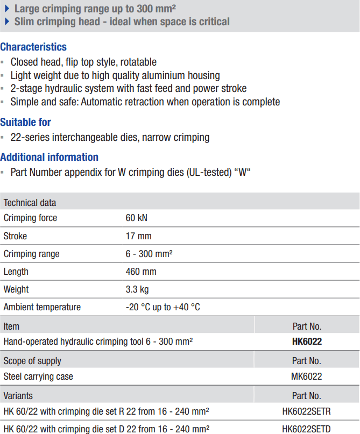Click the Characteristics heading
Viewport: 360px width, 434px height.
(x=33, y=47)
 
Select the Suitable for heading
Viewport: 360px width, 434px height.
(x=26, y=122)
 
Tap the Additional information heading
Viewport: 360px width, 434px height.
(x=49, y=157)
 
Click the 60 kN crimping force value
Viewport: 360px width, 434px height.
(x=136, y=218)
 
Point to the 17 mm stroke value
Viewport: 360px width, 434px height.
(x=138, y=236)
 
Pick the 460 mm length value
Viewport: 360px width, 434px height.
(x=141, y=272)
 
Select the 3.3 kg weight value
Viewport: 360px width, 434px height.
(x=137, y=289)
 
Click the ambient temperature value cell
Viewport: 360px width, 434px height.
(x=163, y=307)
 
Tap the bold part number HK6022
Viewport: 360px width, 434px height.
(x=307, y=341)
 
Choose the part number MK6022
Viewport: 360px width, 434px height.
(x=307, y=376)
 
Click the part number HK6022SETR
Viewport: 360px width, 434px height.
(x=307, y=412)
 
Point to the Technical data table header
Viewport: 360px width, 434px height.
(x=30, y=203)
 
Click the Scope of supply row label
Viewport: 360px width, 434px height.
(x=32, y=361)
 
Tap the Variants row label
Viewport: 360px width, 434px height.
(x=18, y=396)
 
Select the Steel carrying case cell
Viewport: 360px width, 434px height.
(x=38, y=376)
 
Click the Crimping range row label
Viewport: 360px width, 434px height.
(x=32, y=254)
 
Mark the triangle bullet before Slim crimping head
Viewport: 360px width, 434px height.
(x=7, y=22)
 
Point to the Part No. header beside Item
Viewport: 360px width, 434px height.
(x=307, y=326)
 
